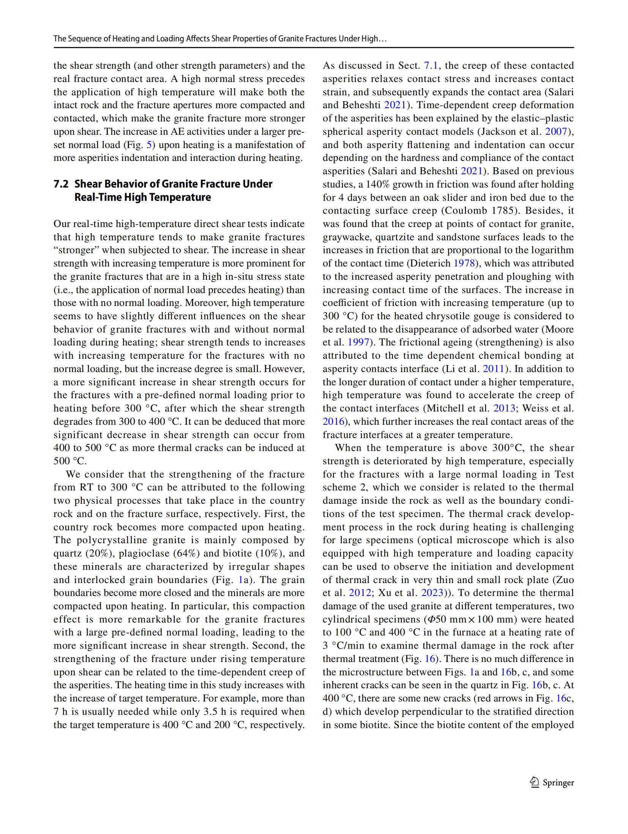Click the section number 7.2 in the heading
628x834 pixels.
point(61,184)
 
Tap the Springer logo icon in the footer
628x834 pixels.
point(535,782)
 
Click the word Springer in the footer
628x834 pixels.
point(558,782)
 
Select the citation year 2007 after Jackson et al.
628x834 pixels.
point(556,132)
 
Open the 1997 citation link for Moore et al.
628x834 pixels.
point(358,342)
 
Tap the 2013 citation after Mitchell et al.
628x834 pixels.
point(504,408)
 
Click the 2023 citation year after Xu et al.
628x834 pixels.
point(432,593)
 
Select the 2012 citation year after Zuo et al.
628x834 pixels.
point(360,593)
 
